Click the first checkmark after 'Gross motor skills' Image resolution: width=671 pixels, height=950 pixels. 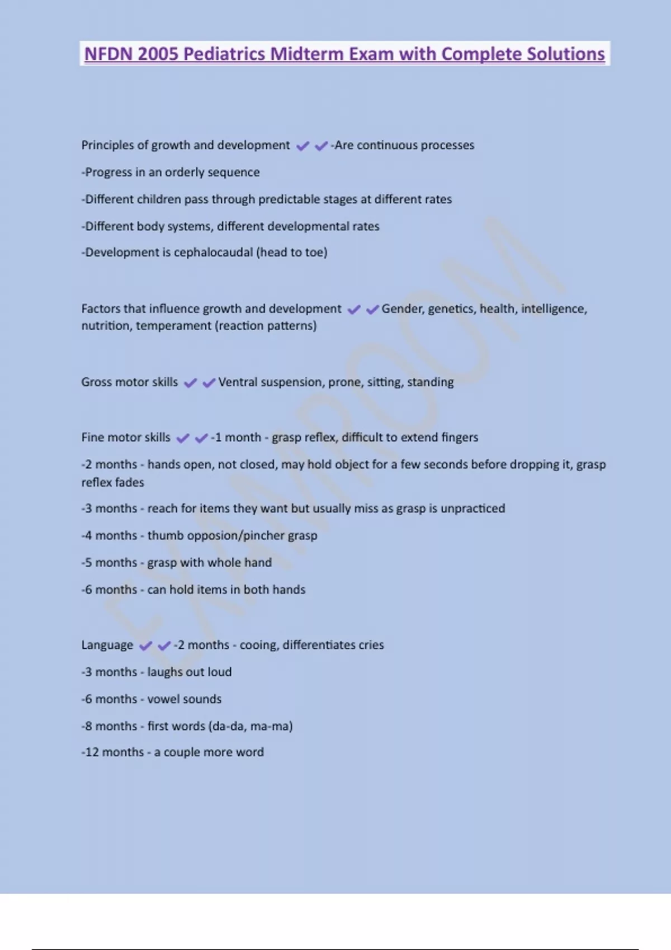click(191, 383)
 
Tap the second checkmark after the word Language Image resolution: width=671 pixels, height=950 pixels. click(164, 646)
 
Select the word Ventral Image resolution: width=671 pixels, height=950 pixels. click(237, 382)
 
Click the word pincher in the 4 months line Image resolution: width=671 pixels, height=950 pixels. click(263, 535)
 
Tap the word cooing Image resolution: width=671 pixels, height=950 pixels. click(258, 645)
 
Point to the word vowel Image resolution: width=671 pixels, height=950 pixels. click(162, 699)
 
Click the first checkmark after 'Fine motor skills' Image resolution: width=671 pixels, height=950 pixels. click(183, 438)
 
